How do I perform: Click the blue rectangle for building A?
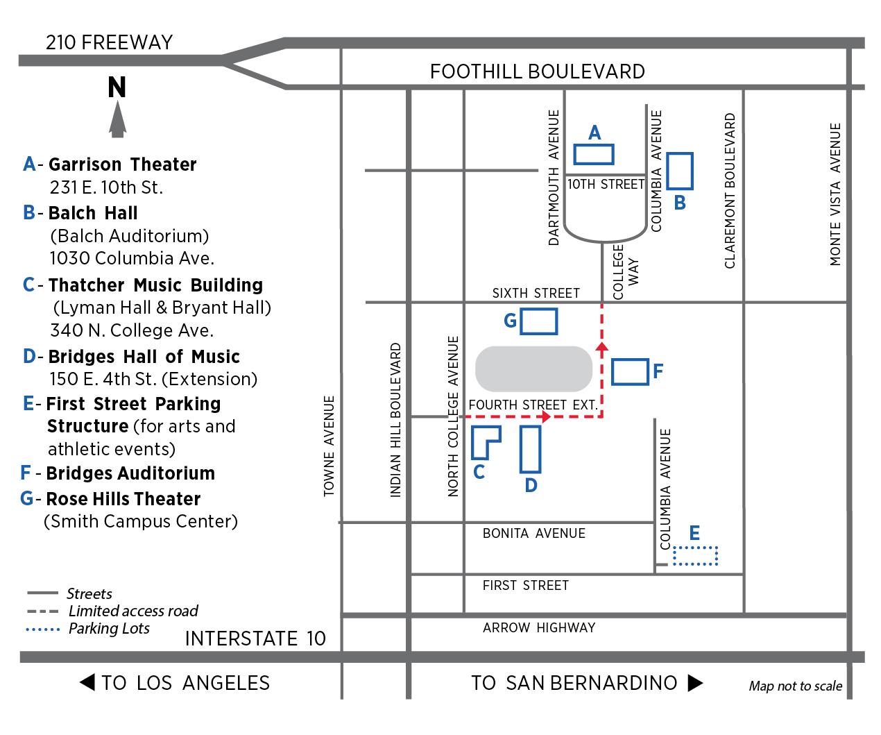(x=593, y=145)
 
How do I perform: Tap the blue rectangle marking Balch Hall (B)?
(x=667, y=171)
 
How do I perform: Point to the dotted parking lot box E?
(x=695, y=547)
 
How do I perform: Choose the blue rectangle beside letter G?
(x=539, y=310)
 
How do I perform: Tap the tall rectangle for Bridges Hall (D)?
(x=521, y=449)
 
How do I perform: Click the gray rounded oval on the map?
(x=533, y=369)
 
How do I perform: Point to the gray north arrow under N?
(x=118, y=119)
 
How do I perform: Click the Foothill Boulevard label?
(x=537, y=71)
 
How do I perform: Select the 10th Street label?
(x=606, y=184)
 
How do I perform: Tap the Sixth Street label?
(x=536, y=293)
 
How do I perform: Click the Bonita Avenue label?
(x=533, y=533)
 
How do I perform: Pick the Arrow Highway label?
(x=539, y=627)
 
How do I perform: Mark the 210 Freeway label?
(x=110, y=42)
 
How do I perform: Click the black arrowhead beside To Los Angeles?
(x=87, y=682)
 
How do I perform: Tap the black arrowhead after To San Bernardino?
(x=695, y=683)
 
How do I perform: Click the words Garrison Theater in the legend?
(x=122, y=164)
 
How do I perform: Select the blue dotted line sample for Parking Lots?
(x=42, y=630)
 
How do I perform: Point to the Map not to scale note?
(x=796, y=686)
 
